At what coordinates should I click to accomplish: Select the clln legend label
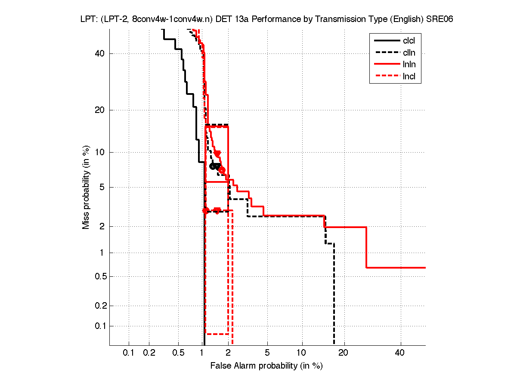[x=409, y=53]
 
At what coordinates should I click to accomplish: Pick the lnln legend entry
[x=409, y=65]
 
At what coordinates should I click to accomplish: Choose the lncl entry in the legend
[x=409, y=77]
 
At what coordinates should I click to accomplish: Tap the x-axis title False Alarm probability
[x=266, y=366]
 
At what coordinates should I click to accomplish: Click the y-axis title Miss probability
[x=86, y=187]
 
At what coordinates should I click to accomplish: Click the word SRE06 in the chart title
[x=440, y=19]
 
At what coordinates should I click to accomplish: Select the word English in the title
[x=408, y=19]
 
